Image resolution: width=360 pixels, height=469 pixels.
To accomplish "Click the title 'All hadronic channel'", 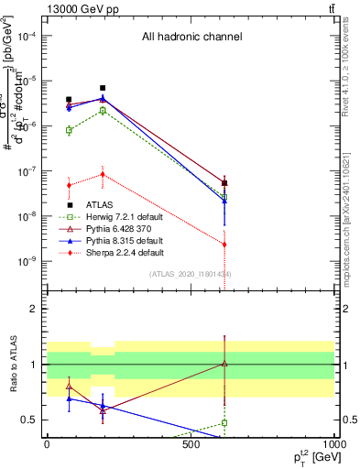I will (x=191, y=38).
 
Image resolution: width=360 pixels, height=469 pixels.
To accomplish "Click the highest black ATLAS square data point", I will (x=103, y=88).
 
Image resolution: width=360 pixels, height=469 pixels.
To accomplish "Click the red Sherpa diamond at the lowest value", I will (x=224, y=245).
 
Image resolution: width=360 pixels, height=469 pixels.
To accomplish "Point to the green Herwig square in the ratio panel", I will (x=224, y=423).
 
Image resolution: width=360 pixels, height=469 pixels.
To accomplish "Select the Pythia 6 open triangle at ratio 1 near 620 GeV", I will (x=224, y=364).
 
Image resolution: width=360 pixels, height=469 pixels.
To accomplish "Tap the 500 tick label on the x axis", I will (x=191, y=444).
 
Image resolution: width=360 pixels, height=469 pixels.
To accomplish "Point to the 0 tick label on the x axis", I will (x=47, y=444).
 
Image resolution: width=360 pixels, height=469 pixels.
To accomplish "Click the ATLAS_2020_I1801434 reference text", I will (x=191, y=274).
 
